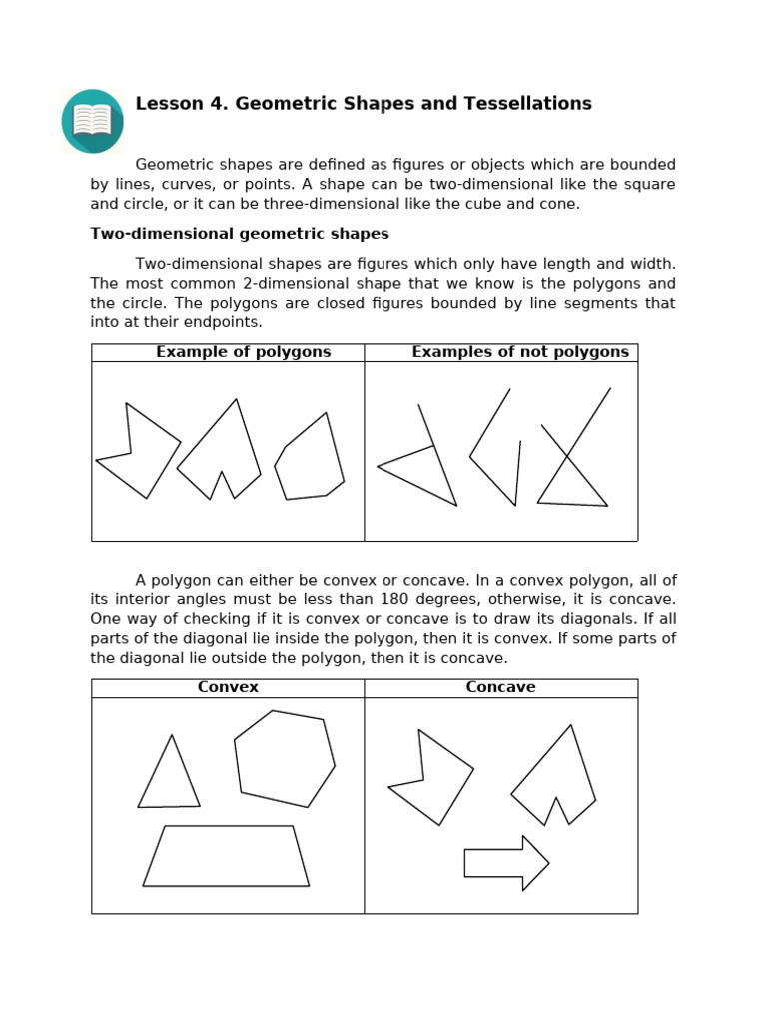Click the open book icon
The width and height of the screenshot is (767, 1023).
(x=93, y=121)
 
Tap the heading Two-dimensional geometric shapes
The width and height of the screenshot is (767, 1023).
(x=240, y=234)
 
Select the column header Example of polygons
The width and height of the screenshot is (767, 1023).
(x=243, y=352)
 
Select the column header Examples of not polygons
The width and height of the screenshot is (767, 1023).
(x=520, y=352)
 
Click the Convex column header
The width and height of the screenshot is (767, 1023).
(x=228, y=687)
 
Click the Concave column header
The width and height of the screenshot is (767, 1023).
(x=500, y=687)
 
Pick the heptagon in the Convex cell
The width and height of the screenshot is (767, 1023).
(x=284, y=759)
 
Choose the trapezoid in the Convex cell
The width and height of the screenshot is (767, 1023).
(x=227, y=857)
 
